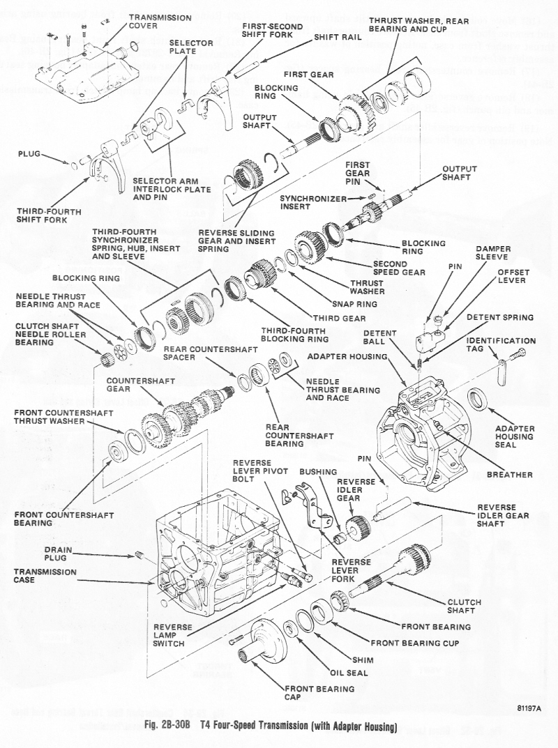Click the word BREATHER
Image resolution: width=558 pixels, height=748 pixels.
point(510,475)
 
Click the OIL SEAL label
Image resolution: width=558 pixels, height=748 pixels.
point(348,673)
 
